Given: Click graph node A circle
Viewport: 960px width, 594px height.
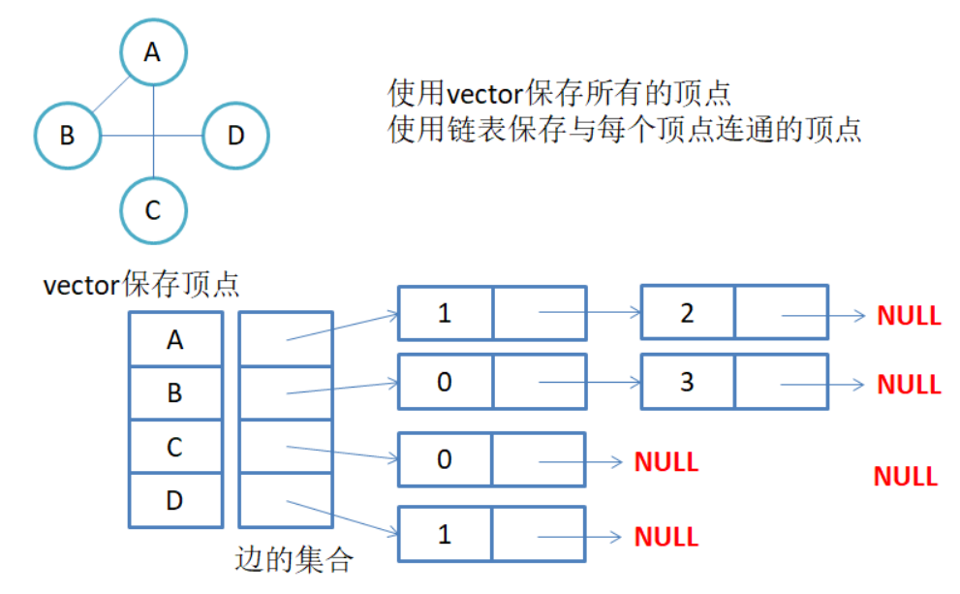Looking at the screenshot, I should click(153, 52).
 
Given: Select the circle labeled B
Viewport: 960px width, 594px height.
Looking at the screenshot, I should click(68, 136).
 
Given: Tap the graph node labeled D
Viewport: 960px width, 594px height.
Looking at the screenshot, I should click(235, 136).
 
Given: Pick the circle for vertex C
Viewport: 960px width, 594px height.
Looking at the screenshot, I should click(153, 209).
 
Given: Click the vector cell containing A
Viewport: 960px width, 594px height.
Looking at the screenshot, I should click(175, 339).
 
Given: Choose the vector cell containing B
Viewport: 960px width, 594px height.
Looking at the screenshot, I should click(175, 392).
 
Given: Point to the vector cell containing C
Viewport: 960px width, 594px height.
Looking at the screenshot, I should click(175, 447).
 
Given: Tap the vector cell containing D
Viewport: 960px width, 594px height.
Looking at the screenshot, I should click(175, 500).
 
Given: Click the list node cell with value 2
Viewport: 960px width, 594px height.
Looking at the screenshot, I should click(687, 313).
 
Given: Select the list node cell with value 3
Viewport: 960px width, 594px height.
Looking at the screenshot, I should click(687, 381).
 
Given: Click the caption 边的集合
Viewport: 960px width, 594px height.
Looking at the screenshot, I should click(294, 560).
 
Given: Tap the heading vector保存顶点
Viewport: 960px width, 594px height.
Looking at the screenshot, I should click(142, 286).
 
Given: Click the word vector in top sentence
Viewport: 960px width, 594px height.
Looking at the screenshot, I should click(485, 94).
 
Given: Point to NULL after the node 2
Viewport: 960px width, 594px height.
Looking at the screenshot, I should click(909, 315).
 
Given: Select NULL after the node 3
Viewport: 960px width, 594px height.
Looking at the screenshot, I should click(909, 384).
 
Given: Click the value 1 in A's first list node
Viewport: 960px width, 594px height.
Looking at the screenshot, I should click(445, 313).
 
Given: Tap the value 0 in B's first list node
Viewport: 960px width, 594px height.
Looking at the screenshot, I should click(445, 381).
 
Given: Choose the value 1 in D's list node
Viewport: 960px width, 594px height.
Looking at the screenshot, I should click(445, 534).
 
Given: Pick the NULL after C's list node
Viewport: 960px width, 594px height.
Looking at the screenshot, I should click(666, 461).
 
